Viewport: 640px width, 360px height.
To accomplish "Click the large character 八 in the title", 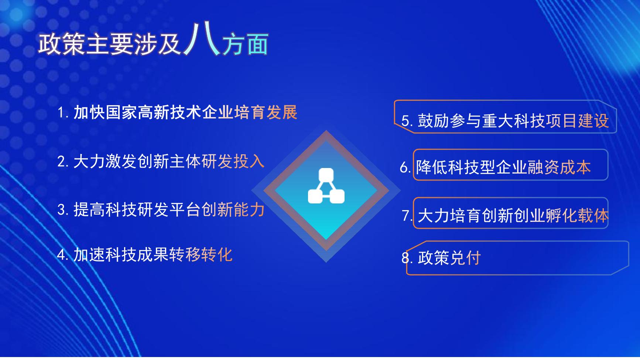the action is [x=202, y=39].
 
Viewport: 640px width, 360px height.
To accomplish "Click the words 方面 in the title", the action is [x=245, y=45].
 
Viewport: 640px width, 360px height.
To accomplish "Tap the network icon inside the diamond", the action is [x=326, y=186].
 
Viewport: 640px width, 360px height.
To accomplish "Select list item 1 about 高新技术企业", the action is [x=177, y=112].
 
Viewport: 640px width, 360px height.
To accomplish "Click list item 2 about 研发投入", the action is [x=161, y=161].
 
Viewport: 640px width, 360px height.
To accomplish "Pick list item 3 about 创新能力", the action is [x=161, y=210].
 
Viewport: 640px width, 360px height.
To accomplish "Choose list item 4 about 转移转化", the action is [x=145, y=255].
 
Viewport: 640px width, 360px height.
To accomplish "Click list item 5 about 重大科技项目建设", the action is [x=505, y=121].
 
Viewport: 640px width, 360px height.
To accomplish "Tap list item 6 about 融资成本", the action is [x=495, y=167].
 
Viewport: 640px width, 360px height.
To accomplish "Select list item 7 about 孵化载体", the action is [x=505, y=216].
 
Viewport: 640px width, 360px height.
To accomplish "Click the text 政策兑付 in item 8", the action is [x=449, y=258].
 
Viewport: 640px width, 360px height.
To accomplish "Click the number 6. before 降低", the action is [x=405, y=168].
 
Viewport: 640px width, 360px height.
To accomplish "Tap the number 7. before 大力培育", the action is [x=407, y=216].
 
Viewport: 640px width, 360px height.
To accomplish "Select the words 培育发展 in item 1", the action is [x=266, y=112].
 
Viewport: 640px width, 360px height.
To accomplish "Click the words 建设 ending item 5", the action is [x=593, y=121].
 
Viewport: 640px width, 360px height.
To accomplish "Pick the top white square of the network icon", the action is [x=326, y=175].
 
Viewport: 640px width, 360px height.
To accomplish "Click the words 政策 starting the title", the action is [x=62, y=45].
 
